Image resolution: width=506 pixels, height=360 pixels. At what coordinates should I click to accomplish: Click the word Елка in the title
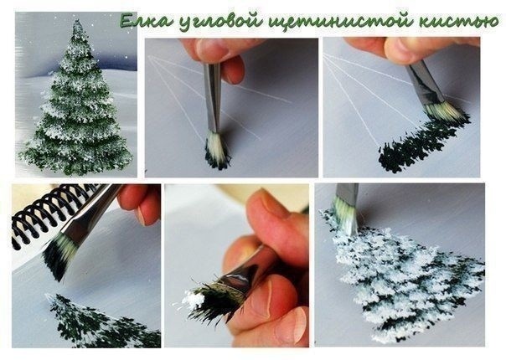(x=146, y=21)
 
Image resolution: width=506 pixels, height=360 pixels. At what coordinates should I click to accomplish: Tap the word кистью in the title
(x=458, y=21)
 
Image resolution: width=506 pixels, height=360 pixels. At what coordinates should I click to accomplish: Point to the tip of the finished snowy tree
(x=77, y=21)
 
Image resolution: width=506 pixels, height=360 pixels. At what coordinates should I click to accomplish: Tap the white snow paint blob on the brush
(x=194, y=299)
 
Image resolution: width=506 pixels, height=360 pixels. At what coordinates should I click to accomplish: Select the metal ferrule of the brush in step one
(x=212, y=97)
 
